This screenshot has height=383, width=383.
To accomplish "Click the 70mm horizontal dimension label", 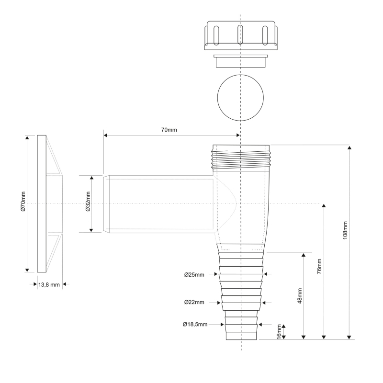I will (169, 130).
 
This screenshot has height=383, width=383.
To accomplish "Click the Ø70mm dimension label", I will (23, 203).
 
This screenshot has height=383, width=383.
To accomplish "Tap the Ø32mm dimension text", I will (88, 203).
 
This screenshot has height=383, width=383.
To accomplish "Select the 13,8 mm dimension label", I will (49, 284).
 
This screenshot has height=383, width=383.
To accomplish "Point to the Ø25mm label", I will (194, 275).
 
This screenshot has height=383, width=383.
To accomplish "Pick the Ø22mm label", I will (194, 303).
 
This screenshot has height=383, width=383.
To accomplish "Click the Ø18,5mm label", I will (195, 324).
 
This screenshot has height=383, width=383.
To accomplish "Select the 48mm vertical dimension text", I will (300, 296).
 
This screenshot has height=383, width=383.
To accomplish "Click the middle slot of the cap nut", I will (241, 34).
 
